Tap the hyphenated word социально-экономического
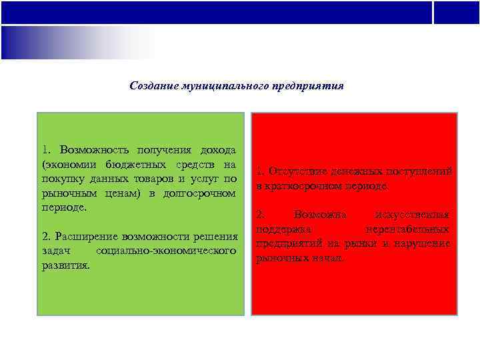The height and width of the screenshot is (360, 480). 166,251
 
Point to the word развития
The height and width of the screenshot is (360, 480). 65,265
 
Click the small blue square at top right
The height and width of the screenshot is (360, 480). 456,13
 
